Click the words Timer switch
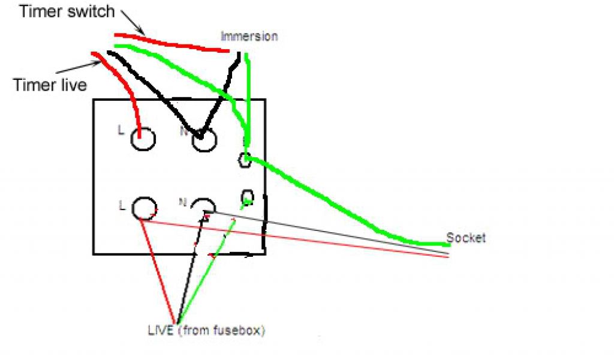[x=67, y=11]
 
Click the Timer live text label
[x=50, y=85]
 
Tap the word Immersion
[x=249, y=36]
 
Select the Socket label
[x=466, y=238]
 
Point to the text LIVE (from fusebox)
[x=206, y=330]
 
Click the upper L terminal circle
[x=143, y=139]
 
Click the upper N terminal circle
[x=204, y=139]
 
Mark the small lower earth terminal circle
[x=248, y=197]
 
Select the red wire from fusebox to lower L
[x=158, y=269]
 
